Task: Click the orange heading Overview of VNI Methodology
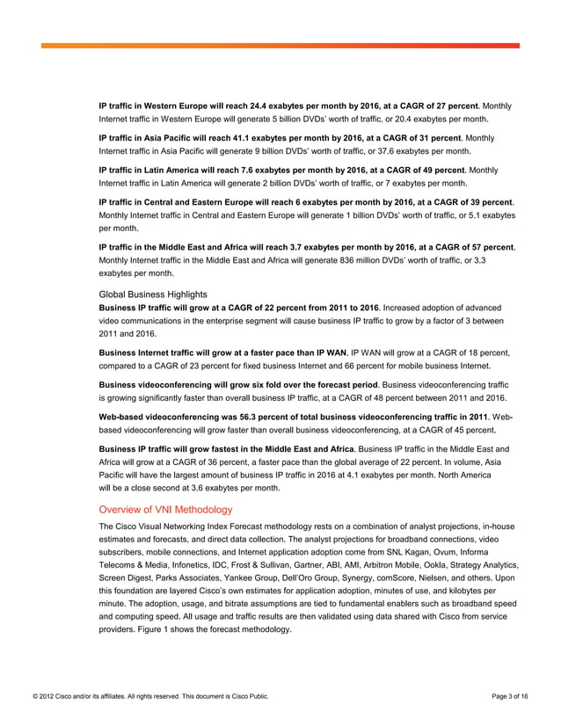pos(165,509)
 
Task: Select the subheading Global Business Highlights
pos(153,294)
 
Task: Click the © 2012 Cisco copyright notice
pos(144,696)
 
